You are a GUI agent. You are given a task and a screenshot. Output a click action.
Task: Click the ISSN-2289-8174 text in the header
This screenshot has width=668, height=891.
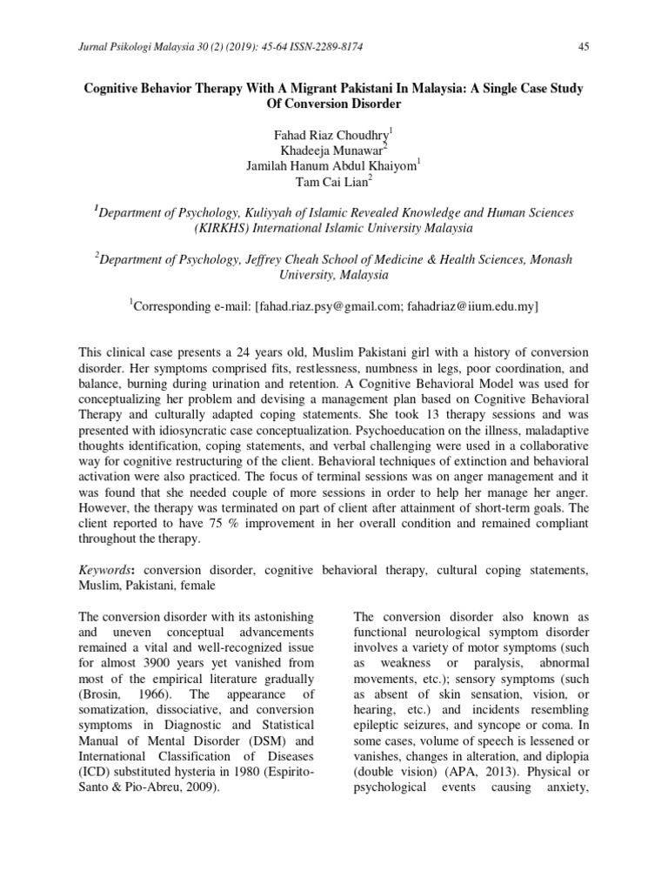tap(272, 46)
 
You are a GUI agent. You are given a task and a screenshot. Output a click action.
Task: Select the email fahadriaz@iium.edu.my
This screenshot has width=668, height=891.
tap(472, 306)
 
